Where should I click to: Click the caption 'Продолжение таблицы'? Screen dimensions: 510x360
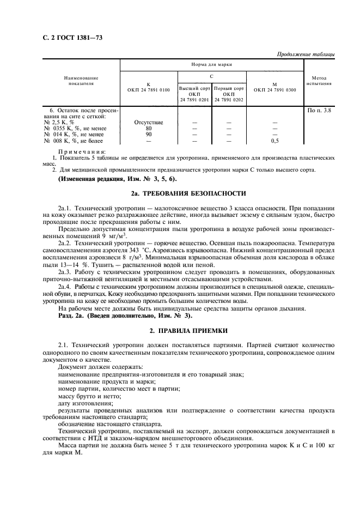tap(306, 54)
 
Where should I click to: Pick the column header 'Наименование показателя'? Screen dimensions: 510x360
tap(81, 81)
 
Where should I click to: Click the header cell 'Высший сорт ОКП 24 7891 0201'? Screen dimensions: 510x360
tap(195, 94)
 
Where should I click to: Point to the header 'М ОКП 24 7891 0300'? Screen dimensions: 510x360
tap(274, 87)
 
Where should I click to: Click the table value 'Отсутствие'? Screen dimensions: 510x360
tap(149, 123)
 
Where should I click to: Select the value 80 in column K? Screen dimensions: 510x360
tap(149, 129)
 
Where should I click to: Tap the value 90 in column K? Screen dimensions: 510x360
tap(149, 135)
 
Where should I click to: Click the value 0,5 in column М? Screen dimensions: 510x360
tap(274, 141)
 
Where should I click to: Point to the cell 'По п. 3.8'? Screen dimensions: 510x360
tap(319, 111)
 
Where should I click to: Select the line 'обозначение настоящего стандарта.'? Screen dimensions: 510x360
tap(109, 423)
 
